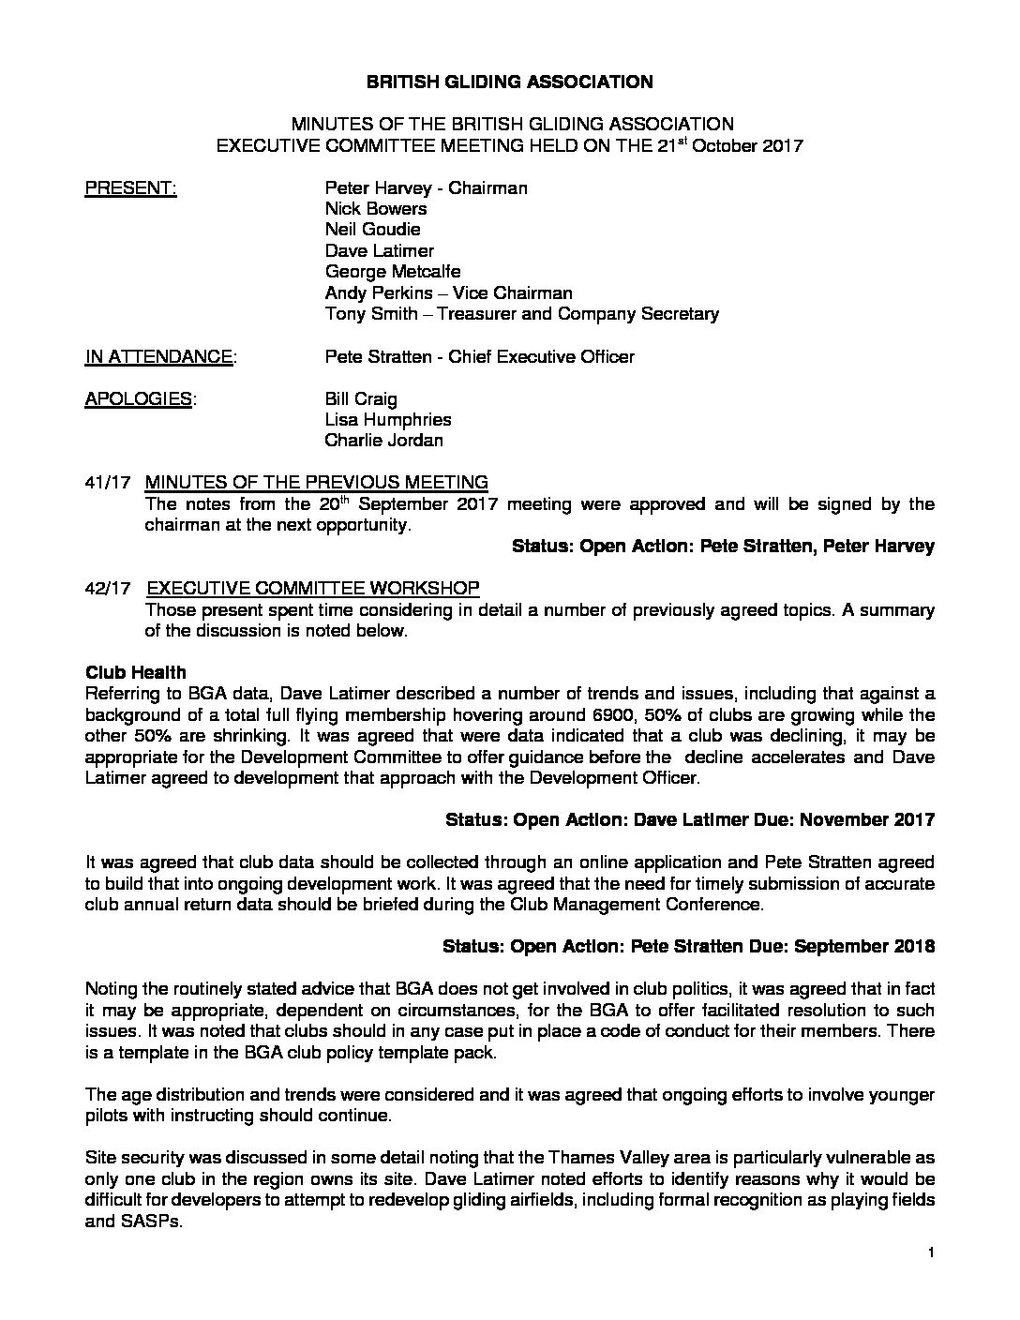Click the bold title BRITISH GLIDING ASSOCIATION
tap(509, 82)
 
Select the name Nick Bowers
tap(376, 209)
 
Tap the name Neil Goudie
tap(372, 230)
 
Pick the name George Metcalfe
tap(393, 272)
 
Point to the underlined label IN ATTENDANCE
tap(159, 357)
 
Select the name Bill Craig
tap(361, 399)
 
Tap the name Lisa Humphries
tap(388, 420)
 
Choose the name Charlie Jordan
tap(383, 441)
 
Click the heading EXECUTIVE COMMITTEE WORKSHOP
tap(313, 589)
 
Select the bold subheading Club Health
tap(135, 673)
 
